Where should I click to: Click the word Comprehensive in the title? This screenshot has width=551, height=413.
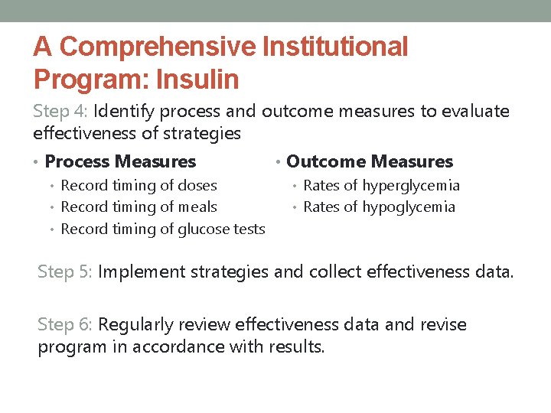158,47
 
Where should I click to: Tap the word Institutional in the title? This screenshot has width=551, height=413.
336,47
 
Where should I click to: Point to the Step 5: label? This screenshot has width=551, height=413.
66,272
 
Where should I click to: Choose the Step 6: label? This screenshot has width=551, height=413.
66,324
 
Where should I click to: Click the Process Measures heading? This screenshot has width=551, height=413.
120,161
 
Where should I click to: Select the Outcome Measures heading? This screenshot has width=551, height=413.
370,161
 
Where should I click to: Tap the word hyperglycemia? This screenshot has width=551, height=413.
411,185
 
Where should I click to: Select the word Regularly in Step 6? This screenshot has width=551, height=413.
134,324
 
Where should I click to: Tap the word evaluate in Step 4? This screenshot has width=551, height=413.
475,112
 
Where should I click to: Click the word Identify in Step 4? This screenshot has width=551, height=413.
119,112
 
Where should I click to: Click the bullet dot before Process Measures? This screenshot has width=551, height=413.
37,162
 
